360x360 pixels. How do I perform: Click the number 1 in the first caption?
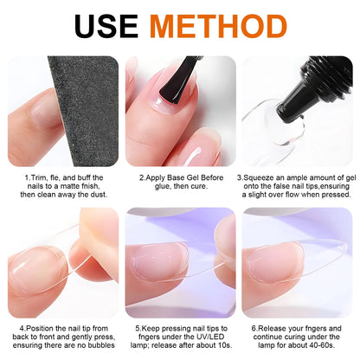(25, 177)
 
